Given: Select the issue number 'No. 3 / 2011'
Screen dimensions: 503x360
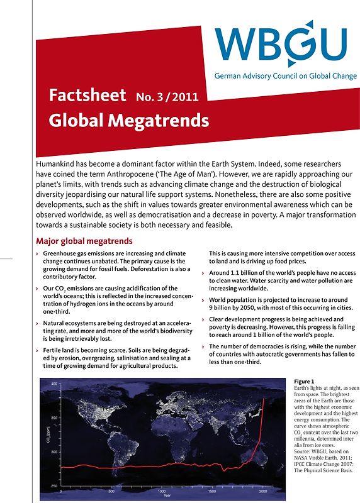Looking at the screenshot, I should [x=167, y=97].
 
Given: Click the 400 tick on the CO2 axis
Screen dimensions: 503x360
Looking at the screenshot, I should [x=54, y=384].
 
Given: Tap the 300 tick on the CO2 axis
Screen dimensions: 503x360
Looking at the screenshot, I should [x=54, y=452].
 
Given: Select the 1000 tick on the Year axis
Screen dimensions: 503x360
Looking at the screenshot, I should [x=161, y=490].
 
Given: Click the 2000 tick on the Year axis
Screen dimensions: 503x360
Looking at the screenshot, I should [x=263, y=490].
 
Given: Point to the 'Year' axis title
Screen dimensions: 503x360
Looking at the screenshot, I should [x=166, y=495].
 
